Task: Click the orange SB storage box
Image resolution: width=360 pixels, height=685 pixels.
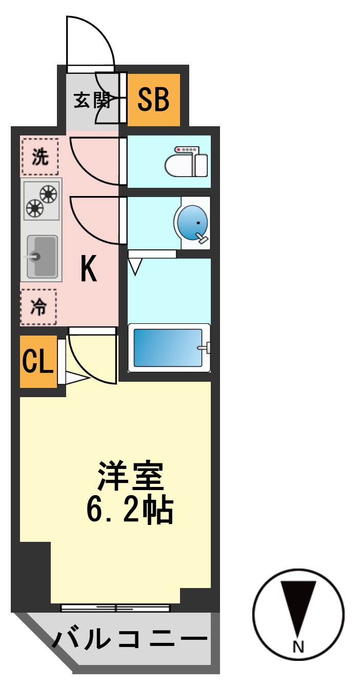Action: click(x=153, y=100)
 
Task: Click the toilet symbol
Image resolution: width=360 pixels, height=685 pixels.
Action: click(x=187, y=162)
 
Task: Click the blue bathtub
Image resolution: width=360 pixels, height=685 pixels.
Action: click(x=169, y=347)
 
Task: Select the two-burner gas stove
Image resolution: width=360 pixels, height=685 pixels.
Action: click(x=42, y=200)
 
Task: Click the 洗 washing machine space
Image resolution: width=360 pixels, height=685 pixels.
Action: click(x=40, y=157)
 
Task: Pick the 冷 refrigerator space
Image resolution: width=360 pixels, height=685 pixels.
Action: click(x=38, y=307)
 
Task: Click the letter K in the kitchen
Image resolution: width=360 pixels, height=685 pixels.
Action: click(x=89, y=269)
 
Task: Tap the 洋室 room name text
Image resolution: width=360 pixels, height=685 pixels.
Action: click(x=130, y=477)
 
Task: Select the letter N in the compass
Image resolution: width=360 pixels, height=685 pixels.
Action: click(x=298, y=644)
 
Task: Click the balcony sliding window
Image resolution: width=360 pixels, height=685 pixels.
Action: click(x=115, y=608)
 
